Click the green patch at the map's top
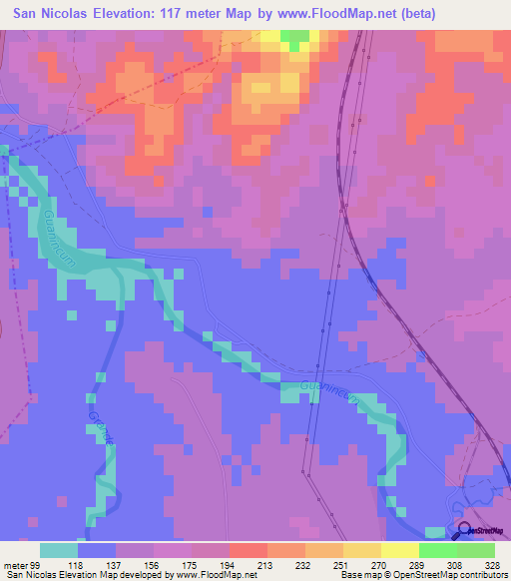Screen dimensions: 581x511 point(294,39)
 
